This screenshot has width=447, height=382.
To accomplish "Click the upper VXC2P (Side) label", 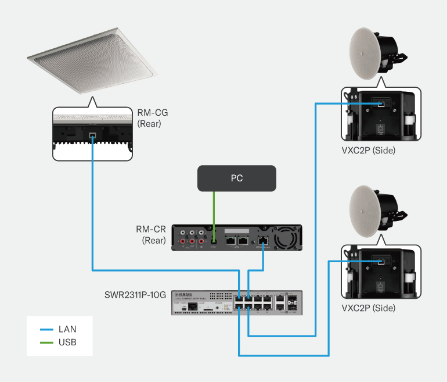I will (x=369, y=151).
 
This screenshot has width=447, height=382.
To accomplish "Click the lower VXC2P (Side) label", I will (x=369, y=308).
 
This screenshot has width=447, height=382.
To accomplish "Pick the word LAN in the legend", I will (x=67, y=329).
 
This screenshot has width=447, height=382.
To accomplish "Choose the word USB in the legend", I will (x=67, y=342).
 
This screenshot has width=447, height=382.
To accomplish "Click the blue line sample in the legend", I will (x=46, y=329).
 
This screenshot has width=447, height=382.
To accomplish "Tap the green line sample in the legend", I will (x=46, y=342).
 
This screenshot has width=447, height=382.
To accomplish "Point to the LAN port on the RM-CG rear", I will (x=93, y=135).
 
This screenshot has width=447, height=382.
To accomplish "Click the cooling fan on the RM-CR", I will (x=286, y=238).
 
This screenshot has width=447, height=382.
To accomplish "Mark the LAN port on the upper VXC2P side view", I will (x=381, y=103).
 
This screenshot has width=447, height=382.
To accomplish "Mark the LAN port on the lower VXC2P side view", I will (x=381, y=262).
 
